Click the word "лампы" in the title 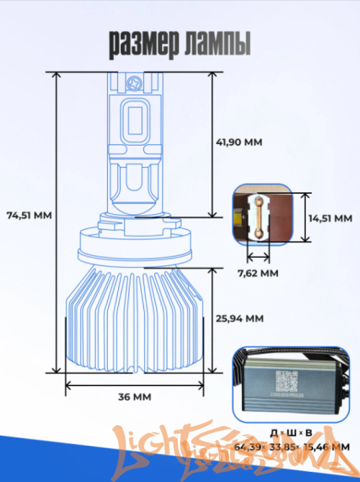click(x=217, y=44)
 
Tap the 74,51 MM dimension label click(x=29, y=215)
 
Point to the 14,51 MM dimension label click(x=331, y=218)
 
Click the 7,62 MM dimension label click(x=258, y=273)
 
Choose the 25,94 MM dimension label click(x=240, y=318)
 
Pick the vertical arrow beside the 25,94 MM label click(x=212, y=319)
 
